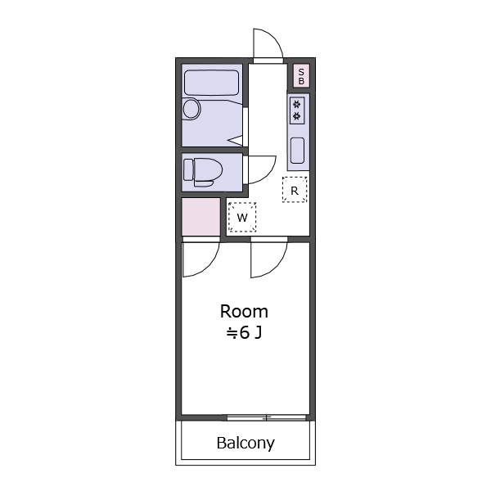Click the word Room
244,312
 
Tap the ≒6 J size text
244,333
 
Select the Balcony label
245,443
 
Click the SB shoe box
301,76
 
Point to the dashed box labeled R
295,190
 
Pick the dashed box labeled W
242,217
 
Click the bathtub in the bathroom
211,83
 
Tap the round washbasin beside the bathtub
191,109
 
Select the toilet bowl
207,172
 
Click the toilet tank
188,169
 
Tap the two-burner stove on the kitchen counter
297,110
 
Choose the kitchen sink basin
297,151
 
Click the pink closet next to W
201,217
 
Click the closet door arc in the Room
209,268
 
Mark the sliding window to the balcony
267,417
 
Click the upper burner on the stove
297,104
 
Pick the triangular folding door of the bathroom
236,140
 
